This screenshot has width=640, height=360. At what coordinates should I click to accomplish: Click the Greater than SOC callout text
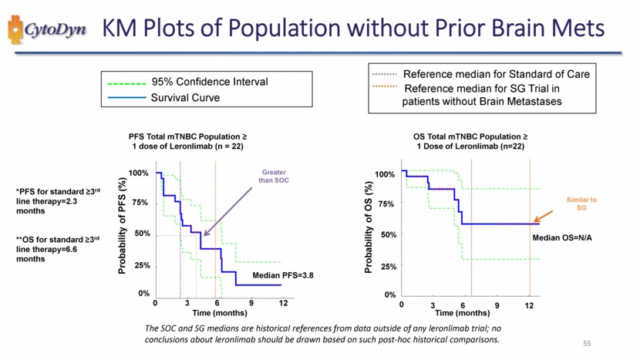click(x=274, y=177)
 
